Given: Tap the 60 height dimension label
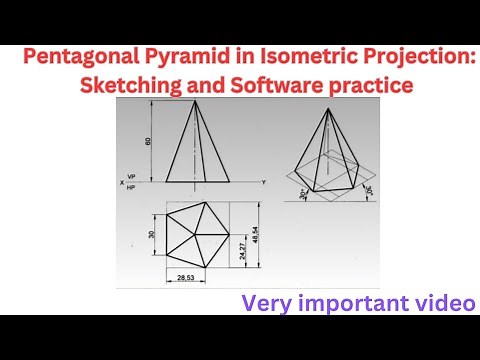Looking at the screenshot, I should (149, 141).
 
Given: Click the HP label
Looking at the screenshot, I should (131, 187).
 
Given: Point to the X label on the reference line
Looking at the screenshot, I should (120, 183).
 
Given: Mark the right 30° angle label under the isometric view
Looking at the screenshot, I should (369, 189).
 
